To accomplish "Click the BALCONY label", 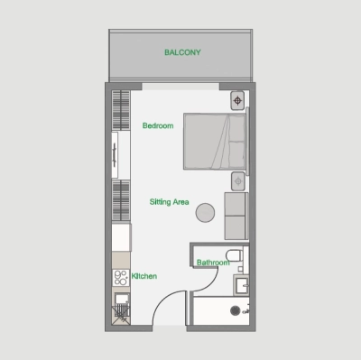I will [x=182, y=52].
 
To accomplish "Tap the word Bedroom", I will [x=158, y=125].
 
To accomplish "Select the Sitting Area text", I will [x=169, y=203].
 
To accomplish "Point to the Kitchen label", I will [x=145, y=276].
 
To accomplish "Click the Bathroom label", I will [x=213, y=263].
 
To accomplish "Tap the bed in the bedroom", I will [x=214, y=141].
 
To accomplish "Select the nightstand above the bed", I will [x=237, y=99].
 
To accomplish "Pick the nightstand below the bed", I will [x=237, y=180].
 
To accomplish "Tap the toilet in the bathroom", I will [x=232, y=255].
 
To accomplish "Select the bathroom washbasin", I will [x=240, y=286].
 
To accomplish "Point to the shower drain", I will [x=236, y=311].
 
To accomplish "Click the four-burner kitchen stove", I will [x=119, y=277].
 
